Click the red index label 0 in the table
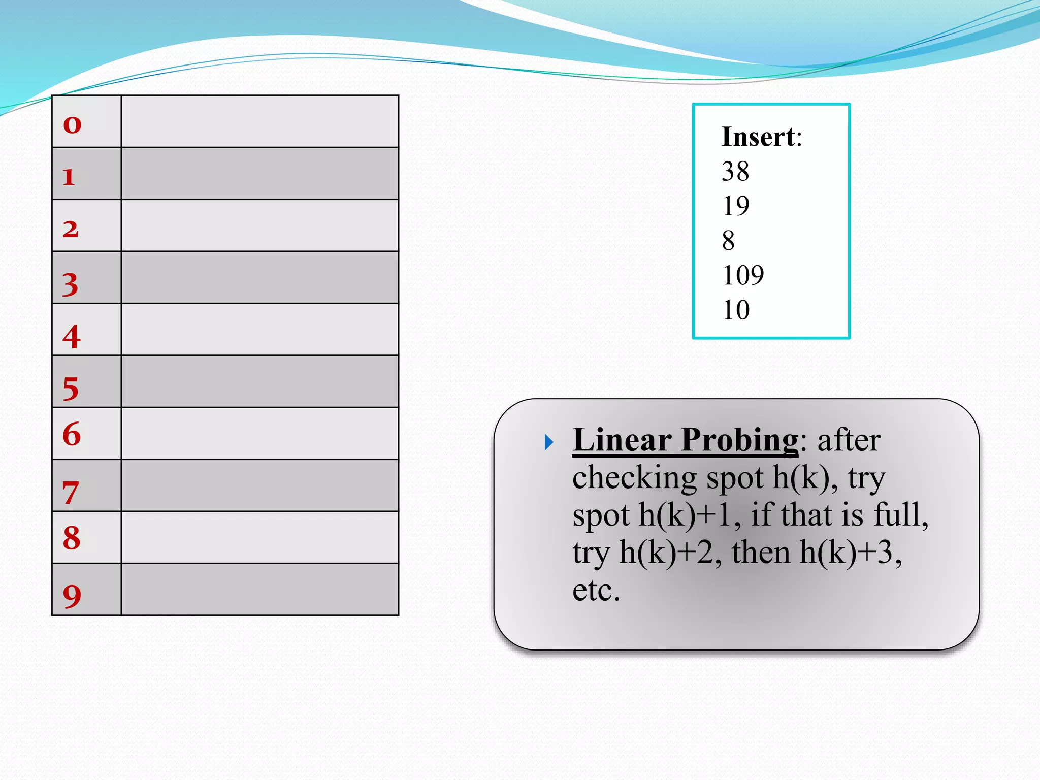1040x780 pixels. pos(72,124)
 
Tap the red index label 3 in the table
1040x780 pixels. pos(71,284)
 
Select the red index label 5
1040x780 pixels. pos(71,389)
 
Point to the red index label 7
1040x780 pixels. pos(71,493)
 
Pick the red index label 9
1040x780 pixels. pos(72,596)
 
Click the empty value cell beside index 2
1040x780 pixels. pos(260,225)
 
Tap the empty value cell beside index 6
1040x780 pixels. pos(260,434)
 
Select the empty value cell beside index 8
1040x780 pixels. pos(260,537)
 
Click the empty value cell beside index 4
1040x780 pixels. pos(260,330)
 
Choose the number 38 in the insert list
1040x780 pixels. pos(735,171)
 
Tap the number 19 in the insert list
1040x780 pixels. pos(735,206)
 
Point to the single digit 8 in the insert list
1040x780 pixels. pos(729,240)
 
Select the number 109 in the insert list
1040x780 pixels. pos(743,275)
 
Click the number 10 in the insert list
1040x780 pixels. pos(736,310)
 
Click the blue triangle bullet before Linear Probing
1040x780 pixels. pos(549,442)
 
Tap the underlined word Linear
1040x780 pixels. pos(622,440)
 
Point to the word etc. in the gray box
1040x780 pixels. pos(596,590)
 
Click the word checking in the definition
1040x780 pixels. pos(634,478)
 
